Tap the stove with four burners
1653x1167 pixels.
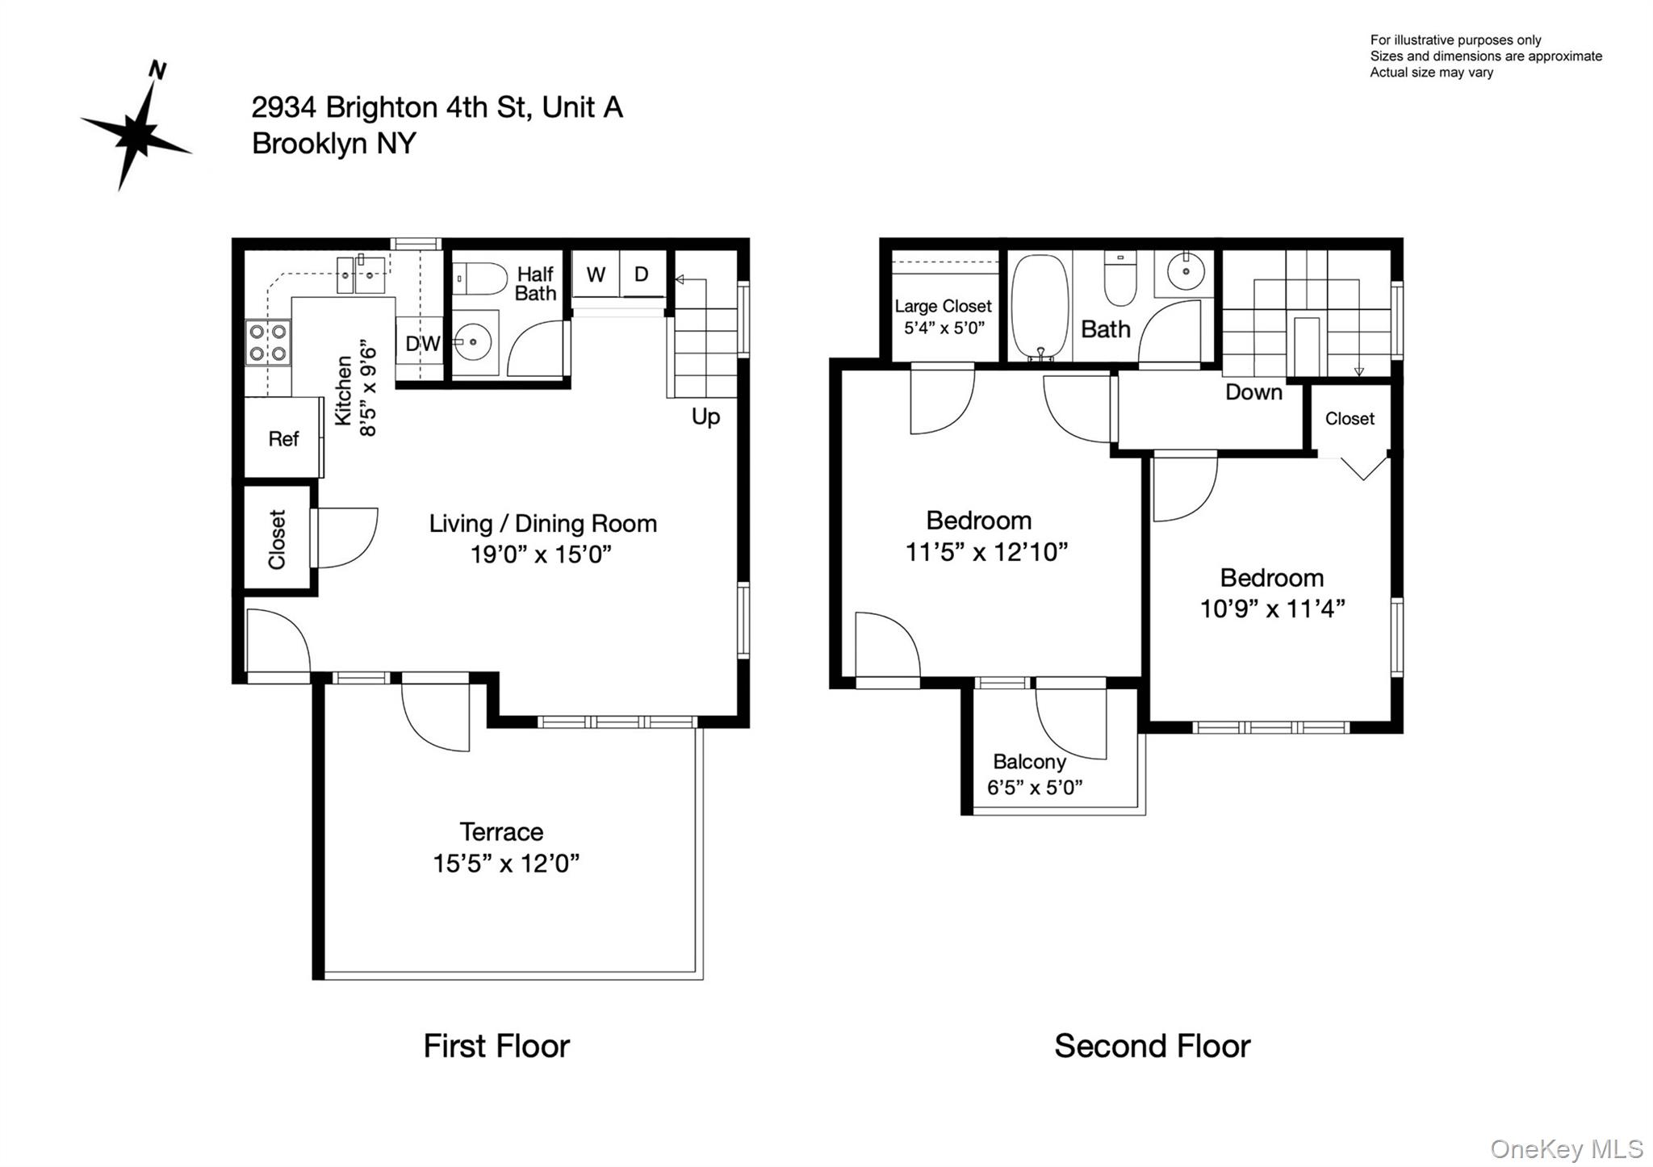pos(268,343)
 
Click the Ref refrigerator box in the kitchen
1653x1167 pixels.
pos(282,438)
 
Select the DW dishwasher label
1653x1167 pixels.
pos(421,344)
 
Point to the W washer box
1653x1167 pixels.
pos(596,274)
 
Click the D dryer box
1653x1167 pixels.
pos(642,274)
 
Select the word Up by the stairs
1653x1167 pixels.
pos(705,416)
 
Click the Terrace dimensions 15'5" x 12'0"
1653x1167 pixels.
pos(506,864)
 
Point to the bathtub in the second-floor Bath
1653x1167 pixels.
pos(1040,307)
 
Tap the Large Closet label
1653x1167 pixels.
pos(943,307)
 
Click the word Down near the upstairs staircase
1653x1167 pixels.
pos(1253,392)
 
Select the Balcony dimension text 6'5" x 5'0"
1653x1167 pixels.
pos(1035,787)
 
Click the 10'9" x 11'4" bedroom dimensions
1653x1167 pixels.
pos(1272,609)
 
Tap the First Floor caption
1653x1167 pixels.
pos(496,1046)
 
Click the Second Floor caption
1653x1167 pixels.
pos(1152,1046)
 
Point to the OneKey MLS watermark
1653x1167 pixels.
pos(1566,1148)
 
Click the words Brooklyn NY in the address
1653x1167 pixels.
pos(334,144)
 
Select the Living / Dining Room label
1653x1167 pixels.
pos(542,524)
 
